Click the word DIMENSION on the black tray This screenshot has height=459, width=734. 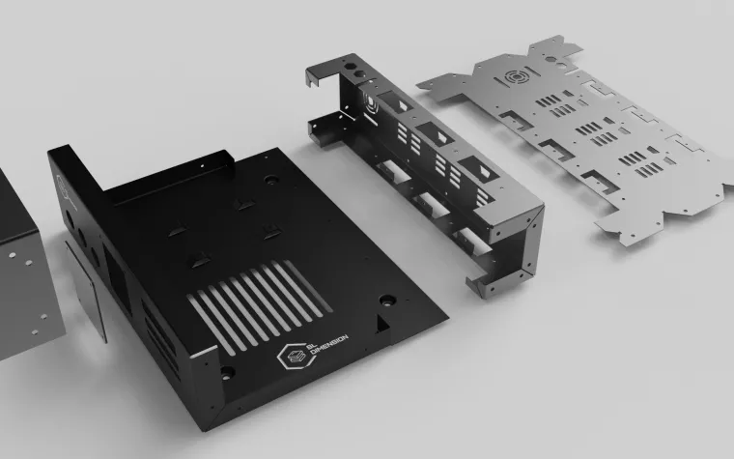click(330, 349)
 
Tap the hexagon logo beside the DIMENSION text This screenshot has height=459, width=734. click(296, 357)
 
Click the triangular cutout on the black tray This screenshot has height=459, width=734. click(382, 324)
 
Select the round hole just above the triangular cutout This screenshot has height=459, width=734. click(387, 301)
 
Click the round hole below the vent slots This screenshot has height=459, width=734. click(227, 373)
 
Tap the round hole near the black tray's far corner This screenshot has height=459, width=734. click(271, 180)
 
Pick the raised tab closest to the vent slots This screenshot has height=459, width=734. click(199, 260)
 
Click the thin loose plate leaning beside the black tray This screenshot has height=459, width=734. click(86, 291)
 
